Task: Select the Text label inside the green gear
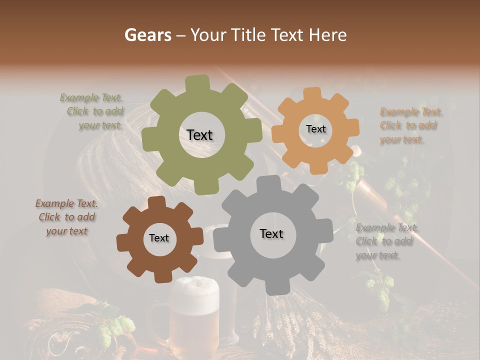199,135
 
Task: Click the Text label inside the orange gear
315,129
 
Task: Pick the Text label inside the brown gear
159,238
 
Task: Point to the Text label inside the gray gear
271,233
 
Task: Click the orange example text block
410,125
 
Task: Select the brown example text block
66,217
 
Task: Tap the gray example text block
386,241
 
